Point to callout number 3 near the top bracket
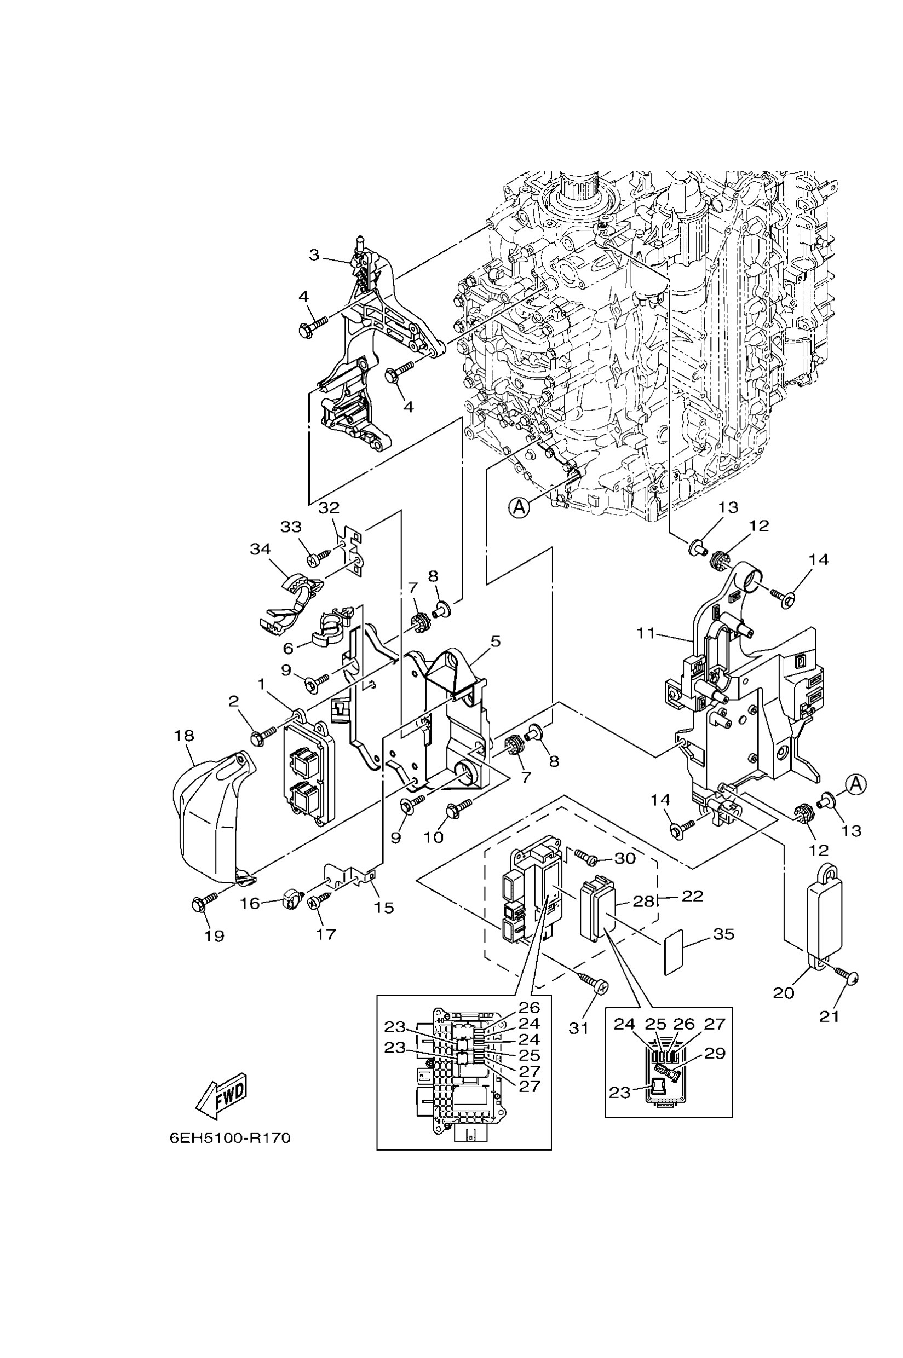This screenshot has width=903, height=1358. coord(314,255)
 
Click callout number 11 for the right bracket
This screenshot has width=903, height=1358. coord(646,633)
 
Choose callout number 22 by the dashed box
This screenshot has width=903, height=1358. coord(692,895)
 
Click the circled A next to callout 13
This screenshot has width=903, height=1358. coord(856,783)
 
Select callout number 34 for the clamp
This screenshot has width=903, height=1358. coord(260,548)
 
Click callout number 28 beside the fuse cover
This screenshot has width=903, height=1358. coord(644,901)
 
